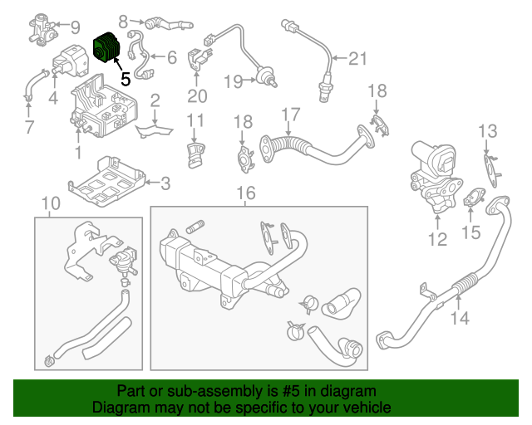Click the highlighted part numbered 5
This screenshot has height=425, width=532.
106,48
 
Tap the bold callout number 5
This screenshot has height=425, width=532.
125,80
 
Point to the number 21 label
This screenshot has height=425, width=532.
357,58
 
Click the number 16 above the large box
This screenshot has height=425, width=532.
245,193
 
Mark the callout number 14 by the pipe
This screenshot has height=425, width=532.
460,317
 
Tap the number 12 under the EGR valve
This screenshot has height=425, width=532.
437,240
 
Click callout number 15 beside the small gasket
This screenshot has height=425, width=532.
471,232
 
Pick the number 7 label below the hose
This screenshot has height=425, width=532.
29,128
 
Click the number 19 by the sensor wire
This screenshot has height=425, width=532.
232,81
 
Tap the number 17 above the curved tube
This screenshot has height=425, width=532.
290,114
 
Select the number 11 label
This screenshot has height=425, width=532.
195,121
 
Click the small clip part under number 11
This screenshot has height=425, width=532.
195,154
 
